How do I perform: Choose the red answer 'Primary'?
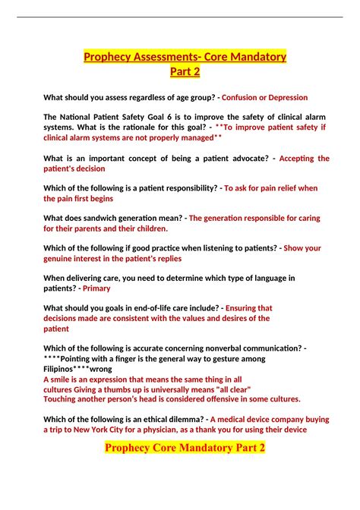click(x=96, y=288)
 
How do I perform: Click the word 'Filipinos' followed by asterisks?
click(x=68, y=369)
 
